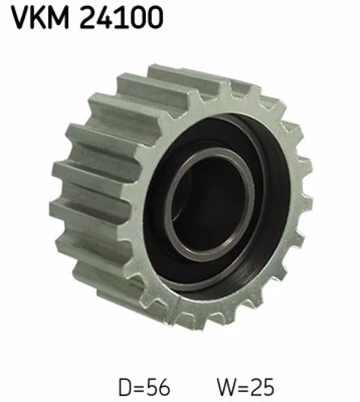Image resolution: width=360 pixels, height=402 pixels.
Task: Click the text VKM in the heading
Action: [40, 17]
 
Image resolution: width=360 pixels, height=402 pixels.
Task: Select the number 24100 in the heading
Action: [121, 17]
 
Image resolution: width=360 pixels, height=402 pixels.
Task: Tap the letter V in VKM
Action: [20, 17]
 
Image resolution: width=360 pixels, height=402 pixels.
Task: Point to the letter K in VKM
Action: [39, 17]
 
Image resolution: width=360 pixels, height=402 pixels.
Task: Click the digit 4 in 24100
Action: [105, 17]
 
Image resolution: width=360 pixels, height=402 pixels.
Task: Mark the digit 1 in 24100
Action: [121, 17]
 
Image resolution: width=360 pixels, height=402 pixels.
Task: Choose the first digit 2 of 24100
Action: [88, 17]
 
